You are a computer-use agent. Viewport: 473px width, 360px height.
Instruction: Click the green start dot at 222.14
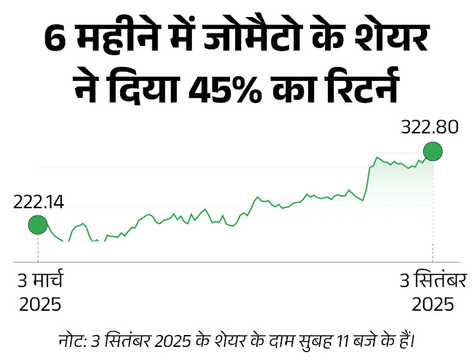click(37, 225)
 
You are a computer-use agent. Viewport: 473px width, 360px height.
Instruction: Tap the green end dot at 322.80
click(432, 152)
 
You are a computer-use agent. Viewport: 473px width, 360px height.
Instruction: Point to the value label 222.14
click(38, 203)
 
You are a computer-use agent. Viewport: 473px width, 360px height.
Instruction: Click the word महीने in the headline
click(113, 41)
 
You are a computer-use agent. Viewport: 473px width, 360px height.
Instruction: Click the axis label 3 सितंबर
click(433, 281)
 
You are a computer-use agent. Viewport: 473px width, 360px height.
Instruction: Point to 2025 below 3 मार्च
click(39, 304)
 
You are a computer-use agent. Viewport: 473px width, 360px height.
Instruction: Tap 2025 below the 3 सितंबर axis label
click(432, 304)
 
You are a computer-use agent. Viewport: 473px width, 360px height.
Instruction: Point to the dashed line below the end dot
click(432, 210)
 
